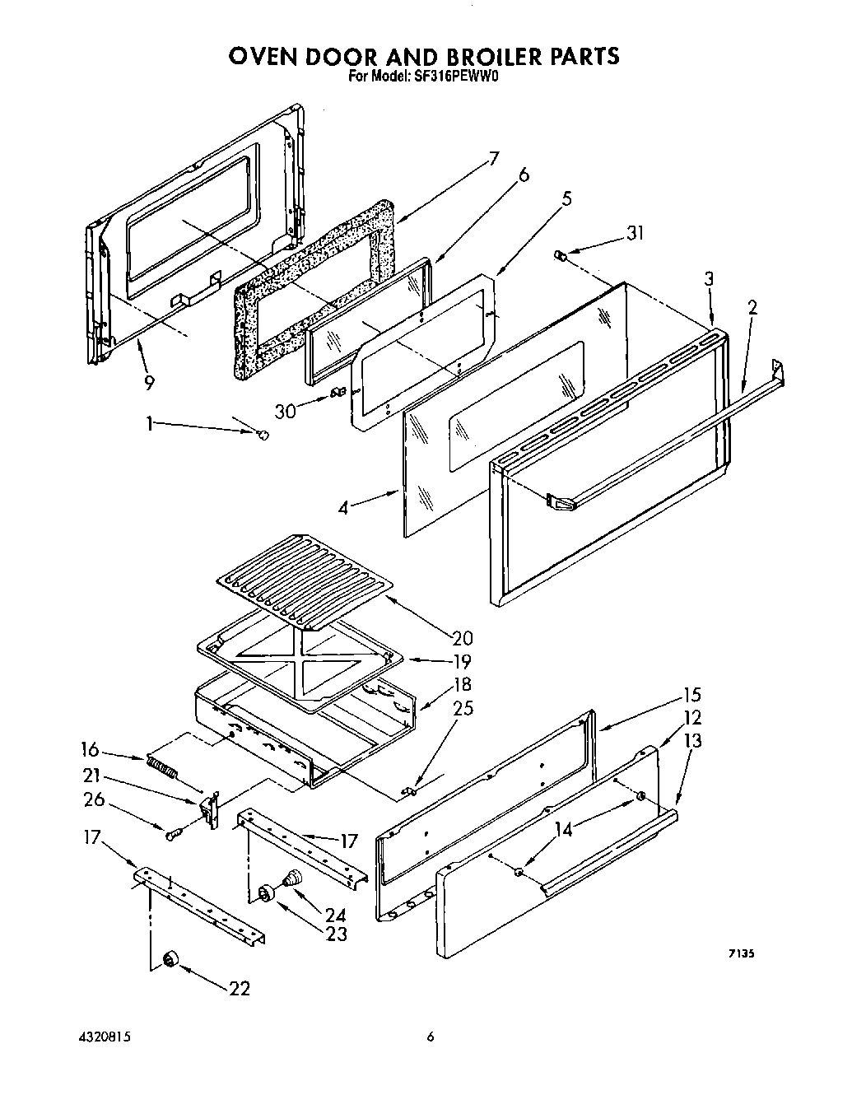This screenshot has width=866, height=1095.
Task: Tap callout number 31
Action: [634, 234]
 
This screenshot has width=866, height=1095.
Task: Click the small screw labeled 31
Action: [561, 256]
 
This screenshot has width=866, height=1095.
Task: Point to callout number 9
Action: [149, 382]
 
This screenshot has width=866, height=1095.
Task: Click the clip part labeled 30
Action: [335, 394]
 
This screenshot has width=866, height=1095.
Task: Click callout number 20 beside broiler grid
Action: [463, 637]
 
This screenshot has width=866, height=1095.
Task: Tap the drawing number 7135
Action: [741, 954]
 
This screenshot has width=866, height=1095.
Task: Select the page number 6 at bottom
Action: [429, 1037]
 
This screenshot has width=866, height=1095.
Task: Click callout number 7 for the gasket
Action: [493, 160]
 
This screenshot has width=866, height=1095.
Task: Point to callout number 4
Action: [344, 508]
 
